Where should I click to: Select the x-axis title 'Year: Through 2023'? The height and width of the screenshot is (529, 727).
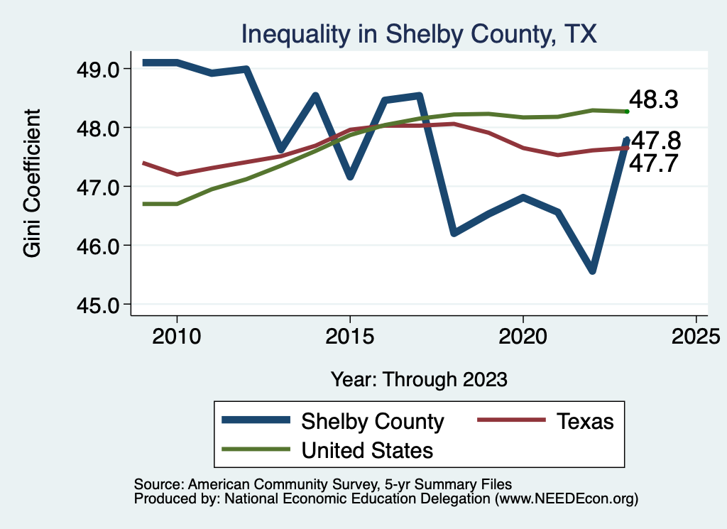tap(419, 379)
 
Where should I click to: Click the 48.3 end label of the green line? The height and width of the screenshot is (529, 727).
tap(654, 101)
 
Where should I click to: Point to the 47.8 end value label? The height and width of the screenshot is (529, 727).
tap(654, 140)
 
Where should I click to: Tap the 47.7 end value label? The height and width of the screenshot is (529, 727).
tap(654, 164)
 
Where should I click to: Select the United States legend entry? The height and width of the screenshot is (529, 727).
tap(367, 449)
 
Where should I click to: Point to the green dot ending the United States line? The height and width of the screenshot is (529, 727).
tap(627, 111)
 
